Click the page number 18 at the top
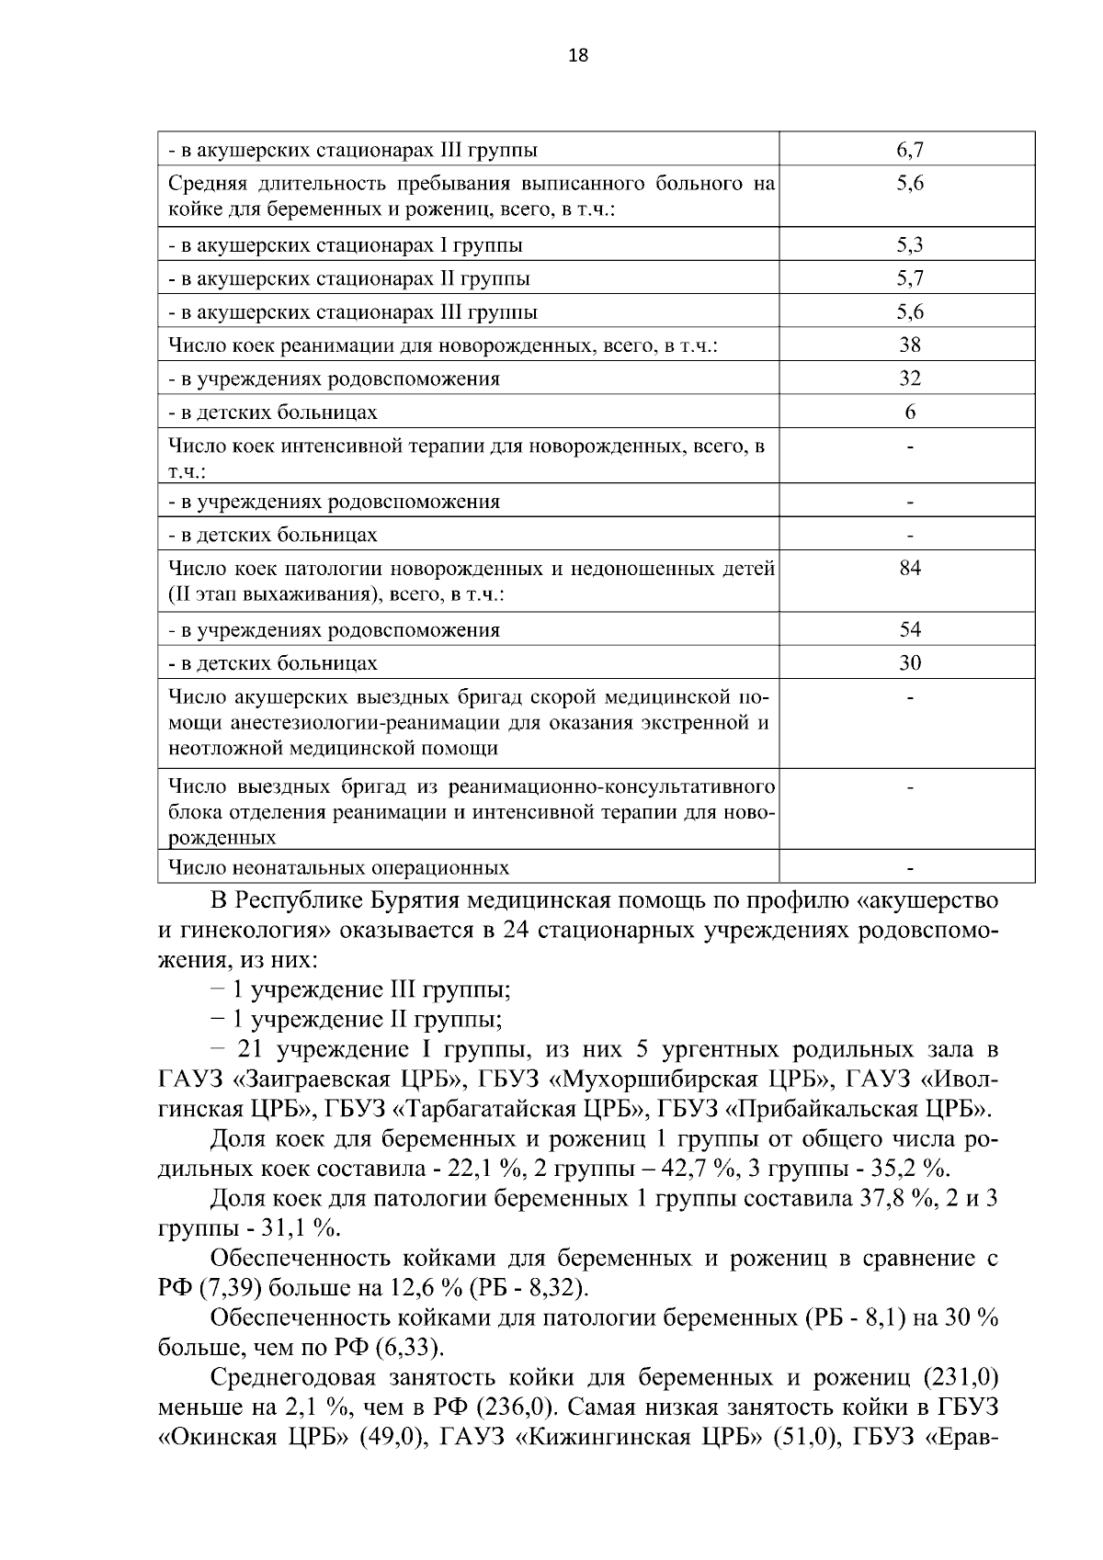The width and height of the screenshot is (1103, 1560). pyautogui.click(x=578, y=55)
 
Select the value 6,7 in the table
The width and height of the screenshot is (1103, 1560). pyautogui.click(x=909, y=150)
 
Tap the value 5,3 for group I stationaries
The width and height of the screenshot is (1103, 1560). pyautogui.click(x=909, y=245)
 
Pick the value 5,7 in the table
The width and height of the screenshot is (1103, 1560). pyautogui.click(x=909, y=278)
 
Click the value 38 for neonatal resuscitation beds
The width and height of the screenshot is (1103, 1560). pyautogui.click(x=909, y=345)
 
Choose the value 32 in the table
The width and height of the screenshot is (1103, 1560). pyautogui.click(x=909, y=379)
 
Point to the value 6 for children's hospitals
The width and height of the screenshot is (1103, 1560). pyautogui.click(x=909, y=413)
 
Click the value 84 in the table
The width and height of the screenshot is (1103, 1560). pyautogui.click(x=909, y=569)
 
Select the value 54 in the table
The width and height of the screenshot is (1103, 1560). pyautogui.click(x=909, y=630)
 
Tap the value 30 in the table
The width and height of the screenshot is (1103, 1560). pyautogui.click(x=909, y=663)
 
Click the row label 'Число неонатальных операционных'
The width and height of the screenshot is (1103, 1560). pyautogui.click(x=339, y=868)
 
